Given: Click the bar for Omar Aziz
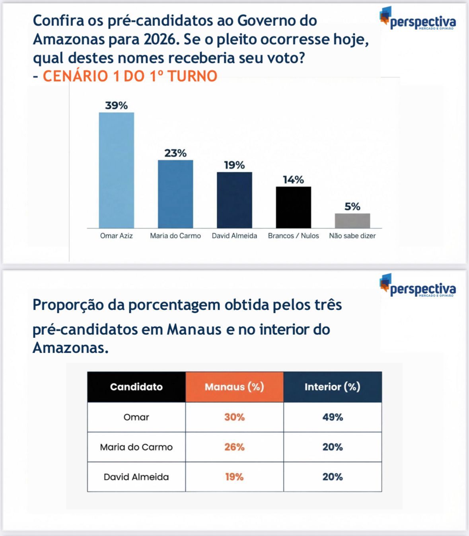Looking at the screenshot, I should (116, 170).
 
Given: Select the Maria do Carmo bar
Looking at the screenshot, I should (175, 194).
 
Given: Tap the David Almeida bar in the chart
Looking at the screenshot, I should (234, 200).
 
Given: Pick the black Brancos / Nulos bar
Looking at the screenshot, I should (294, 207).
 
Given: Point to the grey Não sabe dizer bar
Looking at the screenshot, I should (352, 221).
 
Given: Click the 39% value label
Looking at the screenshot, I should (116, 105).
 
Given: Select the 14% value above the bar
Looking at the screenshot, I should (294, 180).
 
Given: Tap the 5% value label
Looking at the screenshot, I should (352, 207).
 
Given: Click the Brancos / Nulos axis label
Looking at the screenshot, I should (294, 236).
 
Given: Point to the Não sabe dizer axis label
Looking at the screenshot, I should (352, 236).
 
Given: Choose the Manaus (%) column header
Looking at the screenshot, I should (234, 387).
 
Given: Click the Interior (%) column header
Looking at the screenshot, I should (333, 387).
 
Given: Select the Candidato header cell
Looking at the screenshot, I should (136, 387).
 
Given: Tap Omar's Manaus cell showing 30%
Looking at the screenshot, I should (234, 417).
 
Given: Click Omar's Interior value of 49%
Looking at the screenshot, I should (333, 417).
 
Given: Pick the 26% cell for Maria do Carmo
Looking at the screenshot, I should (234, 447).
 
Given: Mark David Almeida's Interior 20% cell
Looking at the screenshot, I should (333, 477).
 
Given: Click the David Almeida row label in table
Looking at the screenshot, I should (136, 477).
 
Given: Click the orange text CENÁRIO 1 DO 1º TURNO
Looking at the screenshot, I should (130, 76).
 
